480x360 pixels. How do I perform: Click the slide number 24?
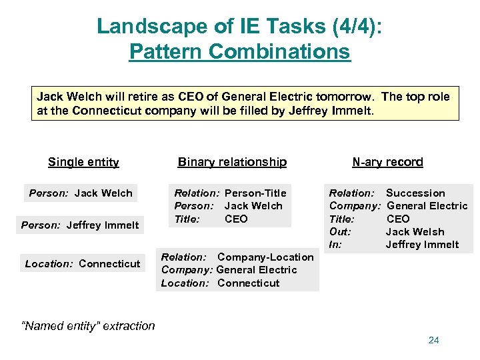433,341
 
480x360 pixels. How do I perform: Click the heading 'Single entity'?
83,162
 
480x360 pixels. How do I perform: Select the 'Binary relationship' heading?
232,162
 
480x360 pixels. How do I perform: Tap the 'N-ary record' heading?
387,162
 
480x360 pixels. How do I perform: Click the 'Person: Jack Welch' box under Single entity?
81,193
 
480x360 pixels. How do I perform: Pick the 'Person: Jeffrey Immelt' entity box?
80,225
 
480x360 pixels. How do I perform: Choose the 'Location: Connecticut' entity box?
83,264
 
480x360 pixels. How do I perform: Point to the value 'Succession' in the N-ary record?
415,193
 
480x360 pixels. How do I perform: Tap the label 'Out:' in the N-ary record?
340,232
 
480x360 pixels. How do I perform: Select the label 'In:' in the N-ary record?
335,245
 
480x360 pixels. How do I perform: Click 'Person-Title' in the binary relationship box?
255,193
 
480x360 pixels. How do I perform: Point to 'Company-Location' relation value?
265,257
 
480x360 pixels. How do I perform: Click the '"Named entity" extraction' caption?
88,326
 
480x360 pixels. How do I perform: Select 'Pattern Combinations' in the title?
239,51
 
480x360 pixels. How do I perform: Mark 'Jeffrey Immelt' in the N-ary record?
422,245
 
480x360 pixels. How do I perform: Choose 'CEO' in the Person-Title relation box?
236,219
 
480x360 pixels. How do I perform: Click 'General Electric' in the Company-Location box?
257,270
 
